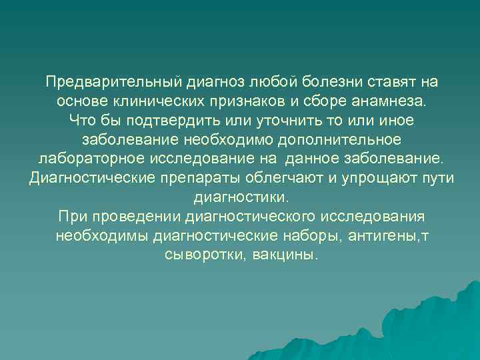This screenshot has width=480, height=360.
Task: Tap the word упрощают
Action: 382,179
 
